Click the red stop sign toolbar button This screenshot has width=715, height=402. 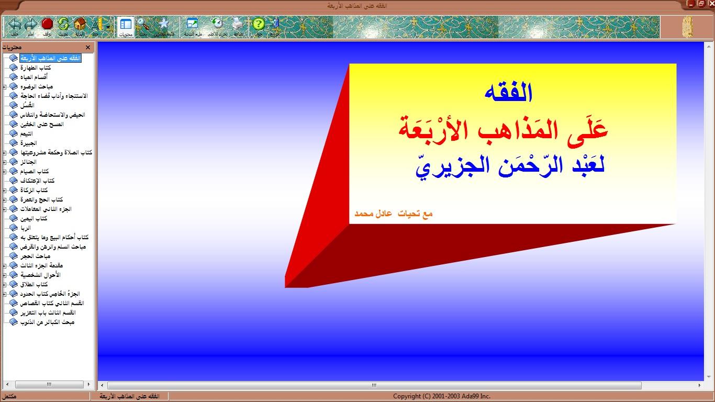point(47,24)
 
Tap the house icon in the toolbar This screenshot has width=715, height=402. point(80,24)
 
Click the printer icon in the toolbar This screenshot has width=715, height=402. point(238,24)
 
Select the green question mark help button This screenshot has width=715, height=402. point(259,24)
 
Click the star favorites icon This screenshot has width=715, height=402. point(164,24)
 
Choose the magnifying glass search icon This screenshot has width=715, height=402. point(143,24)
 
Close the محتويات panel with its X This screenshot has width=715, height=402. point(88,48)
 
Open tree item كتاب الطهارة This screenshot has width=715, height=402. point(36,68)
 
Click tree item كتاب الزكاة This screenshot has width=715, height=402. point(35,190)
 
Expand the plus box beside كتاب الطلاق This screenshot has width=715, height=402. point(5,284)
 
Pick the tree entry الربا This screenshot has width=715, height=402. point(26,228)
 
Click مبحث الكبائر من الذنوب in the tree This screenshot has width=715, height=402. point(48,322)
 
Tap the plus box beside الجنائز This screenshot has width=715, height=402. point(5,162)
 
